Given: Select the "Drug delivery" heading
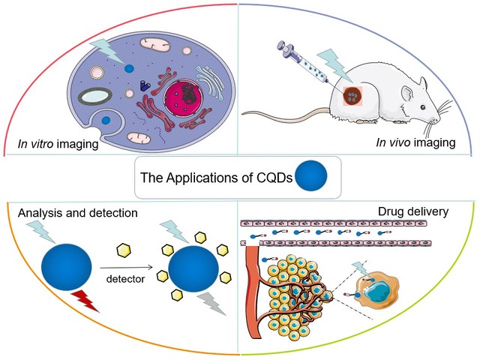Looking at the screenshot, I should [412, 211].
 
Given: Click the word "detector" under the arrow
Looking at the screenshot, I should [125, 277].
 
